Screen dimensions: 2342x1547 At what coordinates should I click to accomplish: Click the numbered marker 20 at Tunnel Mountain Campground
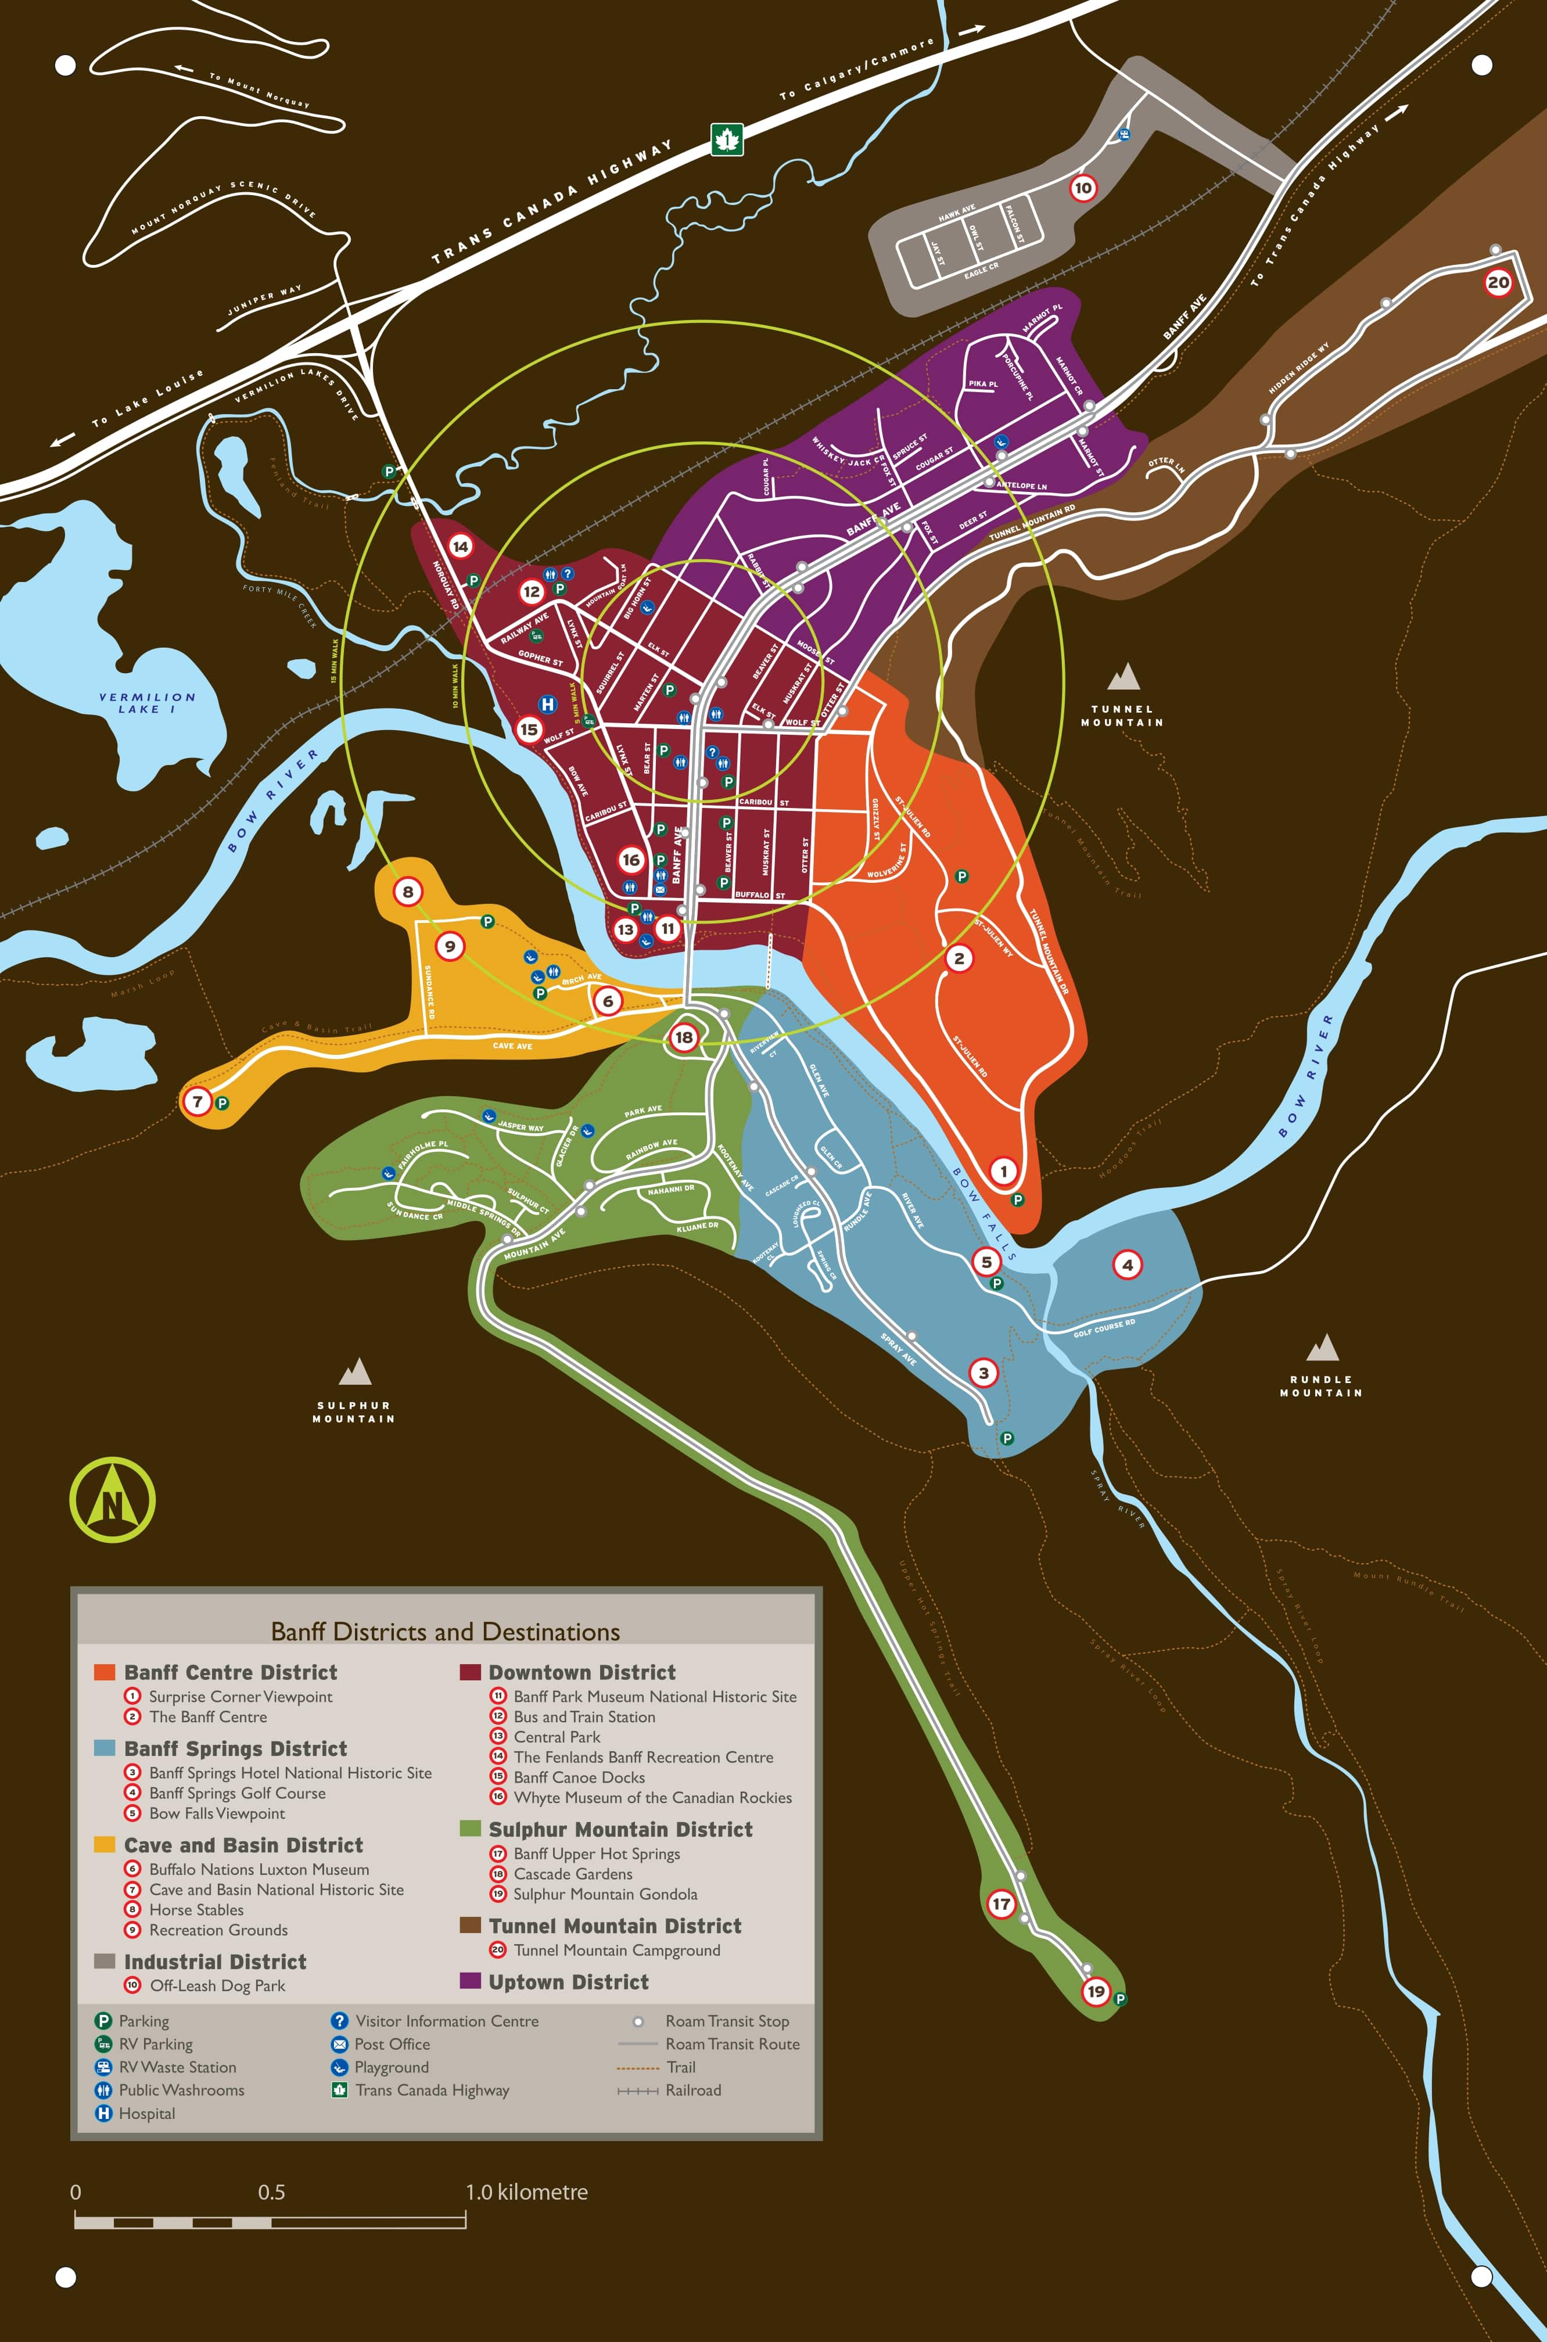[x=1498, y=283]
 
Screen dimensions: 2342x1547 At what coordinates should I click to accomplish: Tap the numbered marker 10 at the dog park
[x=1083, y=188]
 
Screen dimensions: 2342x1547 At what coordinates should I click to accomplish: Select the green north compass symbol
[x=113, y=1500]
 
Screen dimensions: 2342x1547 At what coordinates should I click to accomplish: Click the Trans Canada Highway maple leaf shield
[x=727, y=140]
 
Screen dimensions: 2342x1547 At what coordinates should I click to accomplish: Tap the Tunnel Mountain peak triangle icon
[x=1124, y=677]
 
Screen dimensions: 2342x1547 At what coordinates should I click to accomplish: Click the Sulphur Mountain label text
[x=354, y=1411]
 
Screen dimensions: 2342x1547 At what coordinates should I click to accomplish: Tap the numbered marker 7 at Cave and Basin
[x=198, y=1101]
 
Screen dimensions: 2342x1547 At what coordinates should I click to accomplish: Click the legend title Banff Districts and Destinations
[x=445, y=1632]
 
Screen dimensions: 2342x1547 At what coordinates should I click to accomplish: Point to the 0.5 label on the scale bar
[x=271, y=2192]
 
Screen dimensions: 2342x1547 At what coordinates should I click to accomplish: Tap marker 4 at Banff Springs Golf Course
[x=1128, y=1265]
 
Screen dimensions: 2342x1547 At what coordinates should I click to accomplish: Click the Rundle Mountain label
[x=1321, y=1386]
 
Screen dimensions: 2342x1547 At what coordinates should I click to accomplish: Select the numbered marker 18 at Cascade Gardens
[x=684, y=1037]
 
